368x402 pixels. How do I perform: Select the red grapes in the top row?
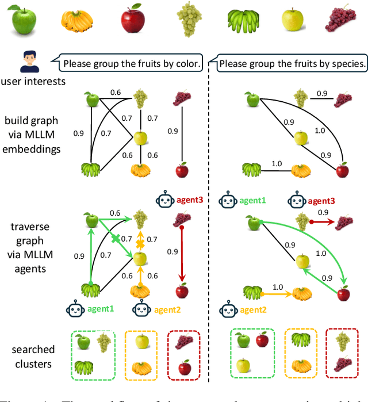(x=342, y=20)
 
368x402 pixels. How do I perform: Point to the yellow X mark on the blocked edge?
(x=139, y=244)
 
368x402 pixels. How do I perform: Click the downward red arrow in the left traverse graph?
(x=181, y=253)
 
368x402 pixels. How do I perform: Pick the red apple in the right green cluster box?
(x=262, y=340)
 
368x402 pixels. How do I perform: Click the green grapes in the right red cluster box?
(x=343, y=342)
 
